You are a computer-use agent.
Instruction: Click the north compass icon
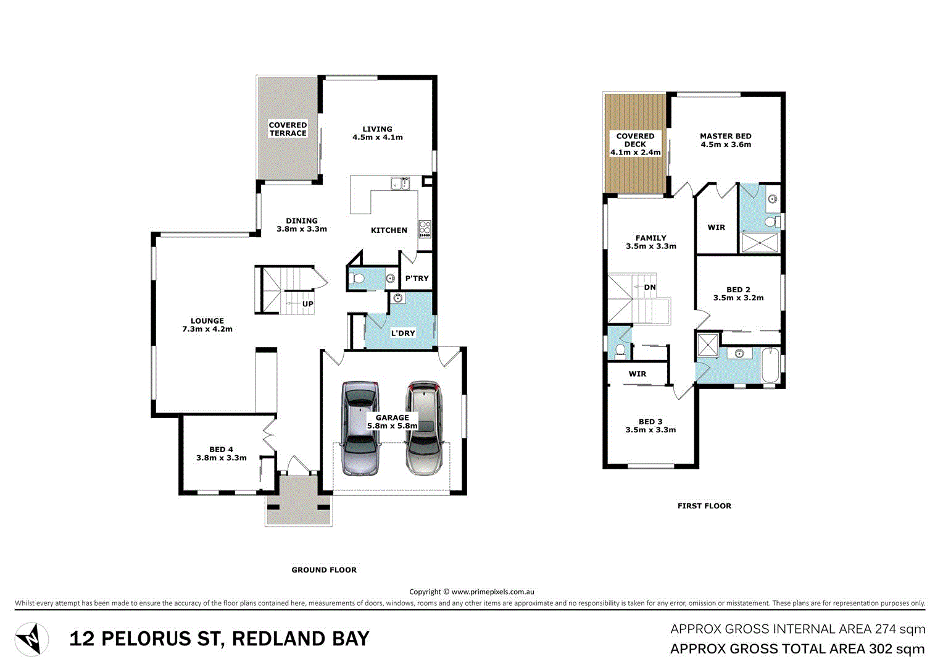pyautogui.click(x=31, y=639)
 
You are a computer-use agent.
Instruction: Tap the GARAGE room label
pyautogui.click(x=393, y=417)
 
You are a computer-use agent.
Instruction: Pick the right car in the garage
pyautogui.click(x=424, y=427)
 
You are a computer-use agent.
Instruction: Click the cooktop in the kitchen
pyautogui.click(x=425, y=229)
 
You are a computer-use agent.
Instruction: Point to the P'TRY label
pyautogui.click(x=417, y=279)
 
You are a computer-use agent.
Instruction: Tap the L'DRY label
pyautogui.click(x=403, y=333)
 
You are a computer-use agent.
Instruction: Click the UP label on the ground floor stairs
pyautogui.click(x=307, y=304)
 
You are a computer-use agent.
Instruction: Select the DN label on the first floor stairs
pyautogui.click(x=650, y=287)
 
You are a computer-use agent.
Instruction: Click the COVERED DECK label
pyautogui.click(x=635, y=140)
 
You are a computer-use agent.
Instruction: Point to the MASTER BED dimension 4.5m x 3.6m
pyautogui.click(x=726, y=145)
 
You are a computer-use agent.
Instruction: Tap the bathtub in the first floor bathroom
pyautogui.click(x=770, y=366)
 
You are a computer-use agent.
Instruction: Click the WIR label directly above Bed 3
pyautogui.click(x=638, y=374)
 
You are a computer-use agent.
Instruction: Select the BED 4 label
pyautogui.click(x=221, y=450)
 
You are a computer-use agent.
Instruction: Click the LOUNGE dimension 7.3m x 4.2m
pyautogui.click(x=207, y=329)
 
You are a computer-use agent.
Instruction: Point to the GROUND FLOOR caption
pyautogui.click(x=324, y=570)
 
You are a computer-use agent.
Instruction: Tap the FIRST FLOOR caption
pyautogui.click(x=704, y=506)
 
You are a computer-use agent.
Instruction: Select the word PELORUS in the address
pyautogui.click(x=159, y=639)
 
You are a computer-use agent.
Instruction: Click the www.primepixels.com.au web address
pyautogui.click(x=492, y=592)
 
